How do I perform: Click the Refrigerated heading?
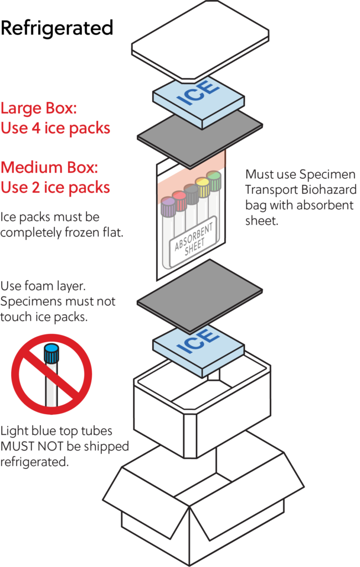point(57,28)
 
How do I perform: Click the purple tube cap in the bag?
point(168,207)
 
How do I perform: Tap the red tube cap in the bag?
point(179,198)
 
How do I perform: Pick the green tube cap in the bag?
point(214,180)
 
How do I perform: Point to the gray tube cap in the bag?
point(192,192)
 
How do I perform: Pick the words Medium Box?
point(51,167)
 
